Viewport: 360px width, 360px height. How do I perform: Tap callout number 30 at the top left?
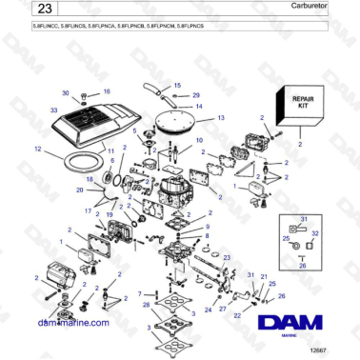tap(66, 93)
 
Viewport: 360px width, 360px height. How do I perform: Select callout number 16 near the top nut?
tap(106, 91)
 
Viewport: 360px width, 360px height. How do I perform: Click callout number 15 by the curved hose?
tap(176, 86)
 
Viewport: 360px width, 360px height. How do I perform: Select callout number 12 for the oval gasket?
tap(37, 149)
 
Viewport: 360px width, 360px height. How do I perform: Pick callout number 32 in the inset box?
tap(315, 233)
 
